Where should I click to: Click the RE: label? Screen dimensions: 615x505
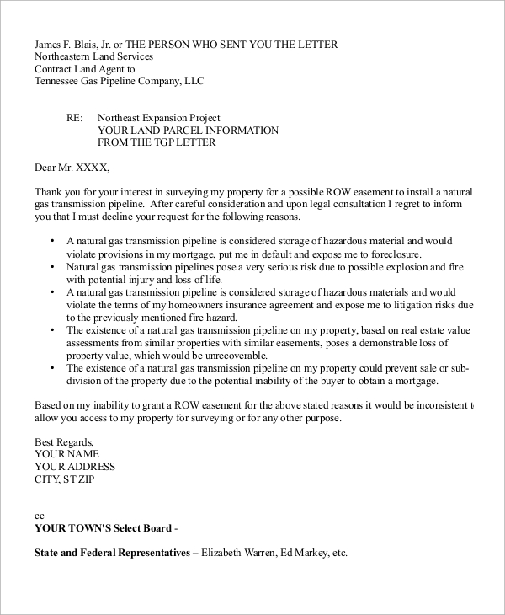point(76,118)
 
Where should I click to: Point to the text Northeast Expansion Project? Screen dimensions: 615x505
point(159,118)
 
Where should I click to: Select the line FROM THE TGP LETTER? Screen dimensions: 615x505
point(157,142)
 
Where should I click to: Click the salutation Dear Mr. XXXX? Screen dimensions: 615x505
point(72,167)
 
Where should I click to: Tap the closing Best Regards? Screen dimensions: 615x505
point(64,441)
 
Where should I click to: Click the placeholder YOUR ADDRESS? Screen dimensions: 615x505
point(75,467)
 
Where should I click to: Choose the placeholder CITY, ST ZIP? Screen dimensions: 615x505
point(65,479)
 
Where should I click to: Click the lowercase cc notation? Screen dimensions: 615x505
point(39,516)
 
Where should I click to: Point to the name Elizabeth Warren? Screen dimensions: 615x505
point(241,554)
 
